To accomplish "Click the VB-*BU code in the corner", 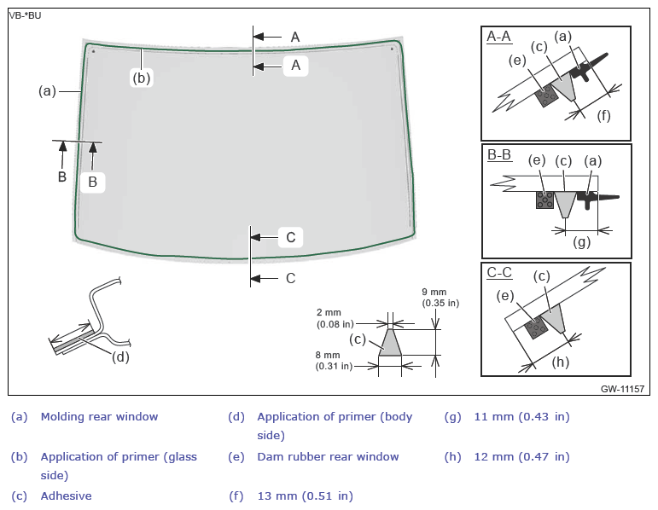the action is click(26, 16).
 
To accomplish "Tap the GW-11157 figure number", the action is click(622, 389).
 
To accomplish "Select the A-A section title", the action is click(499, 37).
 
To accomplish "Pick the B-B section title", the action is click(499, 154).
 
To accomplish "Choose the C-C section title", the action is click(499, 273).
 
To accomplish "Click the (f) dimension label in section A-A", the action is click(603, 115).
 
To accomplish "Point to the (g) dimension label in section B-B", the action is click(582, 241).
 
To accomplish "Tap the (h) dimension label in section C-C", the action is click(560, 362).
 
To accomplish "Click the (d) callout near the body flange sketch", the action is click(120, 357).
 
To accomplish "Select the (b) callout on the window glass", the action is click(142, 78).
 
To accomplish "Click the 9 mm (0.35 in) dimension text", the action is click(440, 298).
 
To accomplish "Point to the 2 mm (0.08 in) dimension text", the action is click(335, 318).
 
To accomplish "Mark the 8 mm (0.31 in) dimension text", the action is click(334, 361).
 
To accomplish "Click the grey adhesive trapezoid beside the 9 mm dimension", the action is click(390, 343).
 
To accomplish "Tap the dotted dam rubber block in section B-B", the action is click(545, 200).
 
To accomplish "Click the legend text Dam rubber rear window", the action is click(328, 456).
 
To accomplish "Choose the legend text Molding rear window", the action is click(99, 416).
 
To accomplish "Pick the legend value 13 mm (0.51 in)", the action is click(305, 496).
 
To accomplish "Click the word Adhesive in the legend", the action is click(66, 496).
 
